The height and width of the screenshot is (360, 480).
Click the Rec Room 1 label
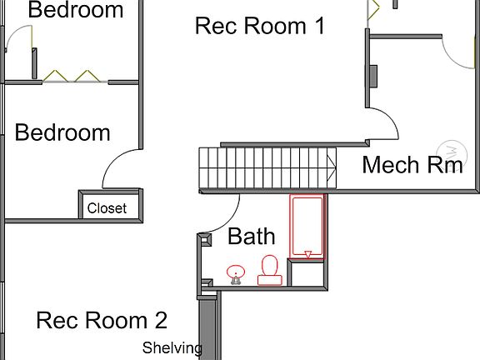[x=259, y=26]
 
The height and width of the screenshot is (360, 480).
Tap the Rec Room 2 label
[x=102, y=320]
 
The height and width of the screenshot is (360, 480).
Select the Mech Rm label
[x=412, y=164]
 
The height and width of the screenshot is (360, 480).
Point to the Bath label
[x=251, y=237]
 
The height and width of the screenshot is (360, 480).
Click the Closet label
[x=107, y=208]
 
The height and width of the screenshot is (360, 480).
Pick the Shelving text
[x=172, y=347]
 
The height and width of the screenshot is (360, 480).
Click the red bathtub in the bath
[x=307, y=226]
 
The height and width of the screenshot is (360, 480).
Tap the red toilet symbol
[x=269, y=269]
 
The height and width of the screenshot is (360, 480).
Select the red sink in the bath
[x=236, y=273]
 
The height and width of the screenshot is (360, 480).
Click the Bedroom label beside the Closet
[x=62, y=132]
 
